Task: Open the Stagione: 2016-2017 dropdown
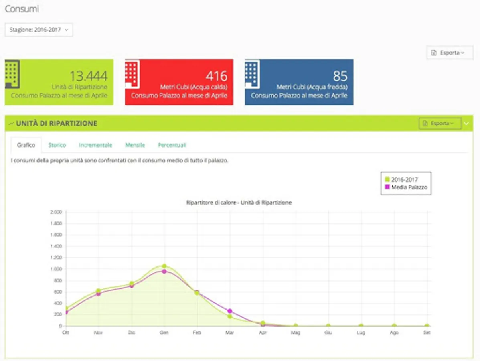[x=39, y=30]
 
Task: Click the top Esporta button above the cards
[x=450, y=53]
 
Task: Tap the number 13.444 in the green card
[x=88, y=76]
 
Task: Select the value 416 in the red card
[x=216, y=76]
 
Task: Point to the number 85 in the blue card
[x=340, y=76]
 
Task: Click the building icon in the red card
[x=132, y=74]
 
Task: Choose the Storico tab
[x=57, y=145]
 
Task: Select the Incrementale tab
[x=95, y=145]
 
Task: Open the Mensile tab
[x=135, y=145]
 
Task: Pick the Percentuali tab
[x=172, y=145]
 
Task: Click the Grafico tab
[x=26, y=145]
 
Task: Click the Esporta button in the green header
[x=440, y=124]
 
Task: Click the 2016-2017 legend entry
[x=404, y=180]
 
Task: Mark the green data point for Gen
[x=164, y=266]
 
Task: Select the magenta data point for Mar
[x=230, y=311]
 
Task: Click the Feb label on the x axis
[x=197, y=333]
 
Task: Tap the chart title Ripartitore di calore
[x=239, y=203]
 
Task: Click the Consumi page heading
[x=22, y=9]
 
